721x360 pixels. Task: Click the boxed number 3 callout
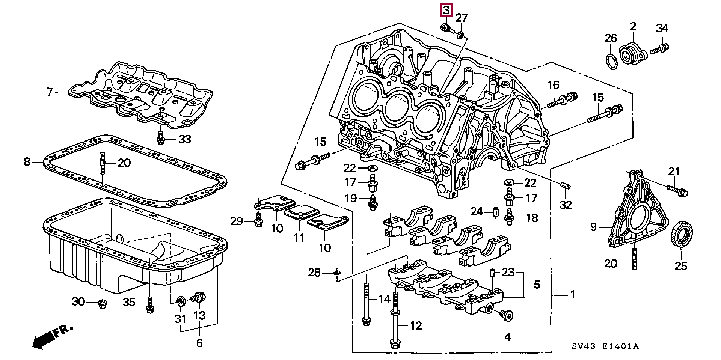click(x=446, y=11)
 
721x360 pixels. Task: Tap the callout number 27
click(x=462, y=18)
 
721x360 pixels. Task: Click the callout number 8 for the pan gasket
click(x=27, y=162)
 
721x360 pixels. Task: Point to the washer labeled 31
click(x=181, y=301)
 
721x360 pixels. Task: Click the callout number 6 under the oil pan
click(x=199, y=342)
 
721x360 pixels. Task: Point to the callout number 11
click(x=299, y=238)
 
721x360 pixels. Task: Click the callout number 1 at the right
click(x=573, y=295)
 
